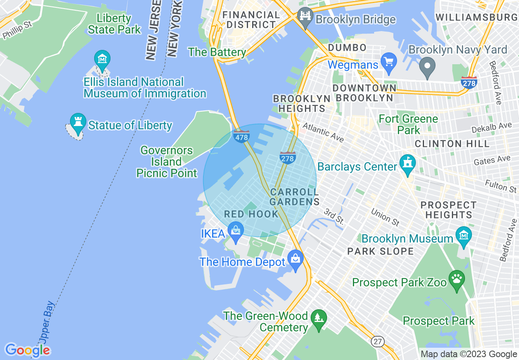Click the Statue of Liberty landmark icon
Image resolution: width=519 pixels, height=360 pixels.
click(78, 122)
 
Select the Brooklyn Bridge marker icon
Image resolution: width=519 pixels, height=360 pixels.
click(305, 17)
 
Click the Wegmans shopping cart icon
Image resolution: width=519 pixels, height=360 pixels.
click(388, 62)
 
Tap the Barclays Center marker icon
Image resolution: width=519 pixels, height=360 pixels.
click(408, 164)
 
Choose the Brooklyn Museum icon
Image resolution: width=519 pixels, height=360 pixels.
click(464, 236)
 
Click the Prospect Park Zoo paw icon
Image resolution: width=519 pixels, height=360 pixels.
click(457, 279)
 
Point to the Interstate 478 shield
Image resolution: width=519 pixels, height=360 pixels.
click(241, 136)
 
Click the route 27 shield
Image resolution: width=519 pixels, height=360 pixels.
click(378, 341)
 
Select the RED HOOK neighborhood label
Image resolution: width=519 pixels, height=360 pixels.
click(251, 214)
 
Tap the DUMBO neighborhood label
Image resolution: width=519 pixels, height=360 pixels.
click(347, 48)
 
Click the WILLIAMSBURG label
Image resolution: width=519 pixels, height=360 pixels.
click(476, 17)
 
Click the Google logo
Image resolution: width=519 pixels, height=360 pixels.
click(27, 350)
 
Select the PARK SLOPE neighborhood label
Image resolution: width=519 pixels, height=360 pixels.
click(380, 251)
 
